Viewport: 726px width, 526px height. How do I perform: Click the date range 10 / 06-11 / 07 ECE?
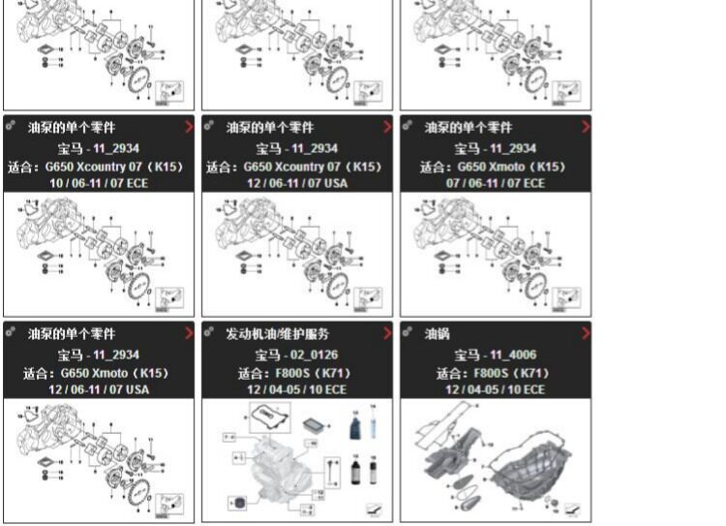pos(99,183)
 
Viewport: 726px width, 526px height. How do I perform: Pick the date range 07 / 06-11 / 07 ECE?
pos(495,183)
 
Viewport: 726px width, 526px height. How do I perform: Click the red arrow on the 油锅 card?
pos(586,333)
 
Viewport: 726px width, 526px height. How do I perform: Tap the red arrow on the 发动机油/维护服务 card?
pos(387,333)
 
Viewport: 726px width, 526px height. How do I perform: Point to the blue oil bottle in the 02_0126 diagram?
pos(355,427)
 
